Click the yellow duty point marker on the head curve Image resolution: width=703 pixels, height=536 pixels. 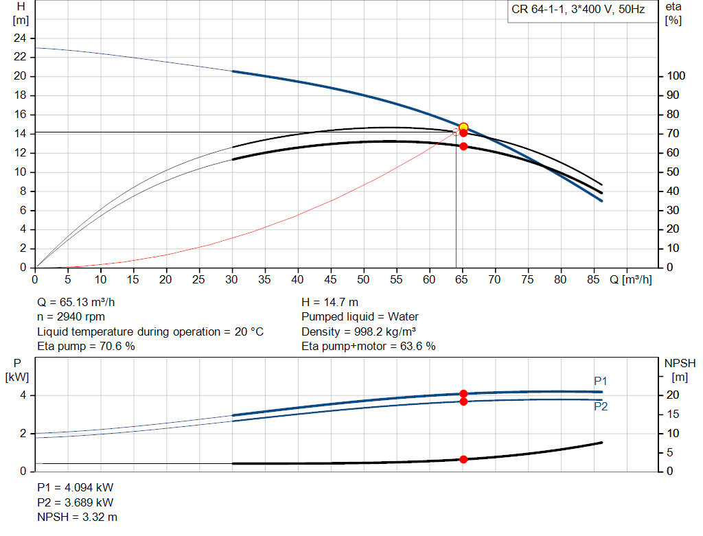click(463, 127)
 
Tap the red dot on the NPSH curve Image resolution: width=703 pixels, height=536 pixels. click(463, 459)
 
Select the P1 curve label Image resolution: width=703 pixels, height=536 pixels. click(601, 381)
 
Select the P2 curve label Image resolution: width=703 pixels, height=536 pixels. click(601, 406)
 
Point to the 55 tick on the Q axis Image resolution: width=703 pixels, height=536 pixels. click(397, 279)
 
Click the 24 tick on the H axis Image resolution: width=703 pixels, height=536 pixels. click(20, 38)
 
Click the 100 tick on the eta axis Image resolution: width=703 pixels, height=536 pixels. click(676, 76)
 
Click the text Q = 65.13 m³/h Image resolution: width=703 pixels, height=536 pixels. click(81, 302)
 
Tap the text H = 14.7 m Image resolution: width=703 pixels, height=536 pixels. click(330, 302)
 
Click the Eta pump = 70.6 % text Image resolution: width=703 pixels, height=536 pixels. click(86, 347)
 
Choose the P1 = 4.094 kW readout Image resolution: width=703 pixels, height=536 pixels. click(76, 487)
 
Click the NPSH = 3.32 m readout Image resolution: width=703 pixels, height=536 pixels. click(77, 517)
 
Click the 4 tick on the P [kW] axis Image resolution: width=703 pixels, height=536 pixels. click(23, 395)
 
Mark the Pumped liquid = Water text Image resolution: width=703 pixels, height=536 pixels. click(360, 317)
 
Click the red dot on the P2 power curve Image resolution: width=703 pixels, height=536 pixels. click(463, 401)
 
